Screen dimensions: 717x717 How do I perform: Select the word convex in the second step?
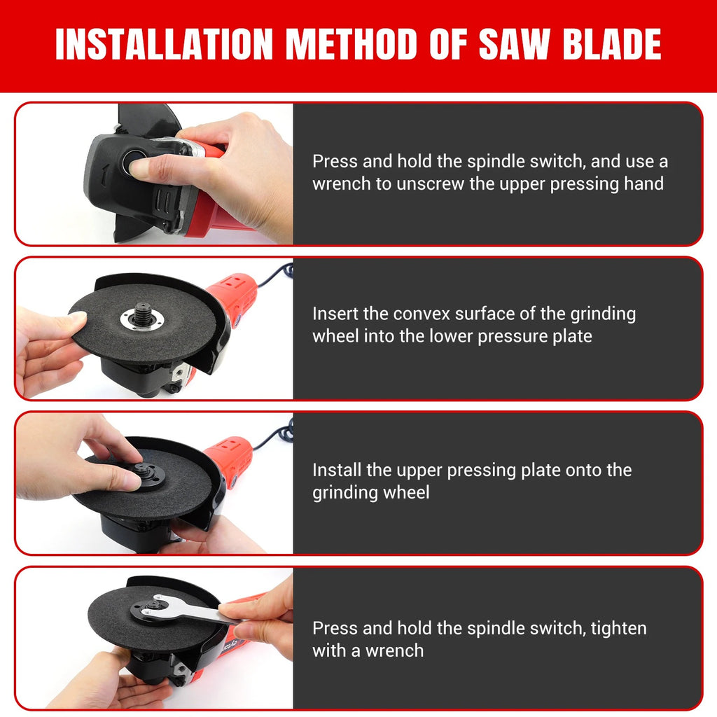click(422, 314)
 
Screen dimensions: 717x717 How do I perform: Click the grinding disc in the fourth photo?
click(133, 620)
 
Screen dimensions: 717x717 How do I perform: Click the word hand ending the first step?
click(643, 184)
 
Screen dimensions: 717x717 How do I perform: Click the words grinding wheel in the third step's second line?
click(370, 492)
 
